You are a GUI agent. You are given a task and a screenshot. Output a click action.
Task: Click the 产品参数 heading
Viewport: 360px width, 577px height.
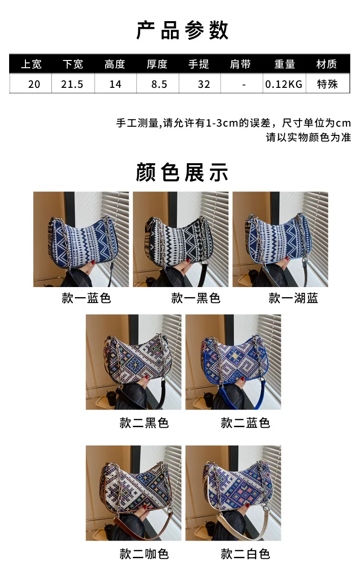tap(182, 30)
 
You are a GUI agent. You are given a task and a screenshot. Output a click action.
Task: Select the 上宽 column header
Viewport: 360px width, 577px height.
tap(31, 64)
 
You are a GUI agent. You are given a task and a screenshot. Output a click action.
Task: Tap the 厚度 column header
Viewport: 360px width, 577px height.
tap(157, 64)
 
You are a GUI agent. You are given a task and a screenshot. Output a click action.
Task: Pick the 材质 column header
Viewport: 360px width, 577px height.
tap(326, 64)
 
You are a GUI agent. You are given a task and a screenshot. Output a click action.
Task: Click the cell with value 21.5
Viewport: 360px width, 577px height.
tap(72, 84)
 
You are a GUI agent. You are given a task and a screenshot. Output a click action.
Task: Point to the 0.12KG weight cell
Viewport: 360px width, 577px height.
tap(284, 84)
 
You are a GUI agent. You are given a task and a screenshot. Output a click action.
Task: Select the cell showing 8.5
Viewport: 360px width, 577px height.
tap(159, 84)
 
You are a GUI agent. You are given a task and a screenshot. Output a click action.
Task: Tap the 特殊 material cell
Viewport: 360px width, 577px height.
tap(327, 84)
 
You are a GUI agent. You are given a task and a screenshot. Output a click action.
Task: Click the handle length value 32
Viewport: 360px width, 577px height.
tap(204, 84)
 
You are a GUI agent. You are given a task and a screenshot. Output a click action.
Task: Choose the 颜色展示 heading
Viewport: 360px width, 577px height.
tap(182, 172)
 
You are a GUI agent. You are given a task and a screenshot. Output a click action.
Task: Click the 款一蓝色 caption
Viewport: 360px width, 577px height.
tap(86, 298)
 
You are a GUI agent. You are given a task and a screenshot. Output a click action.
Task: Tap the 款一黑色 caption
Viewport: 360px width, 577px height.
tap(196, 298)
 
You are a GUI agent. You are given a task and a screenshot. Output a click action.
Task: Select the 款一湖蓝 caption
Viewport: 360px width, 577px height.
tap(293, 298)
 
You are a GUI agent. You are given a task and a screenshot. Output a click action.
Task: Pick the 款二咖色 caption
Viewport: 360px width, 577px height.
tap(144, 554)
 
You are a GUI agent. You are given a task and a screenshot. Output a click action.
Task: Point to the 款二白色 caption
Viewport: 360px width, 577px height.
tap(245, 554)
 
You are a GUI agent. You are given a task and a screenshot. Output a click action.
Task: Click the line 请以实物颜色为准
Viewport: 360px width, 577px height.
tap(308, 137)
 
